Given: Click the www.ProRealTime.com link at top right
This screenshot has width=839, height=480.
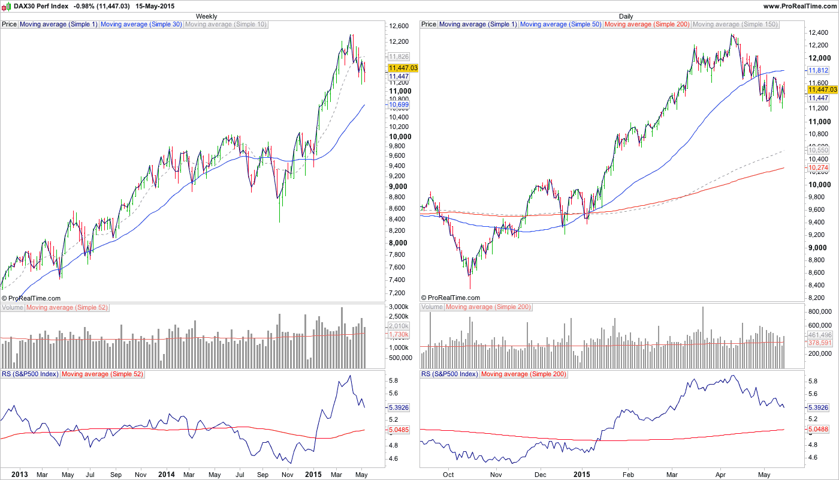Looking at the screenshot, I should pyautogui.click(x=799, y=5).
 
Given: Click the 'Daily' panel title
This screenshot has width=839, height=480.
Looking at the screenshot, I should pyautogui.click(x=626, y=16).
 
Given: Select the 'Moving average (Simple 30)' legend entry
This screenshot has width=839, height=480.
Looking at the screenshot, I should pyautogui.click(x=141, y=25).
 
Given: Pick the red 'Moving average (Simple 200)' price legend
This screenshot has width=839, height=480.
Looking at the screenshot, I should pyautogui.click(x=647, y=25).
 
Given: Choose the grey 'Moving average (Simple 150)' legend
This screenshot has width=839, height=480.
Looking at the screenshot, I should pyautogui.click(x=735, y=25).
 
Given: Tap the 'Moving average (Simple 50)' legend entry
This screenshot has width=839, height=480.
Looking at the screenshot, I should pyautogui.click(x=561, y=25).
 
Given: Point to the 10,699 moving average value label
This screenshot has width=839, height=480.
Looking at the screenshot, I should pyautogui.click(x=399, y=104).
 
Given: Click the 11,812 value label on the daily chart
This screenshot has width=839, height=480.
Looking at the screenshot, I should pyautogui.click(x=818, y=70).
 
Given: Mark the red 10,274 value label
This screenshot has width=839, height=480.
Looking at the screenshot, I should pyautogui.click(x=818, y=167).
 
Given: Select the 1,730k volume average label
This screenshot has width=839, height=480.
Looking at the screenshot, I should pyautogui.click(x=399, y=334).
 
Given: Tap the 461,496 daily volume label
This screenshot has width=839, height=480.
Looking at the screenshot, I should pyautogui.click(x=820, y=335).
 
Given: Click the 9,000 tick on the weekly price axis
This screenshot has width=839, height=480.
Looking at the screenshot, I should pyautogui.click(x=398, y=186).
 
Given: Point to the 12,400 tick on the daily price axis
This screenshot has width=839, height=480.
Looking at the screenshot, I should pyautogui.click(x=818, y=32).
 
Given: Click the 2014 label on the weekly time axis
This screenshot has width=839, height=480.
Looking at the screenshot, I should pyautogui.click(x=165, y=474).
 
